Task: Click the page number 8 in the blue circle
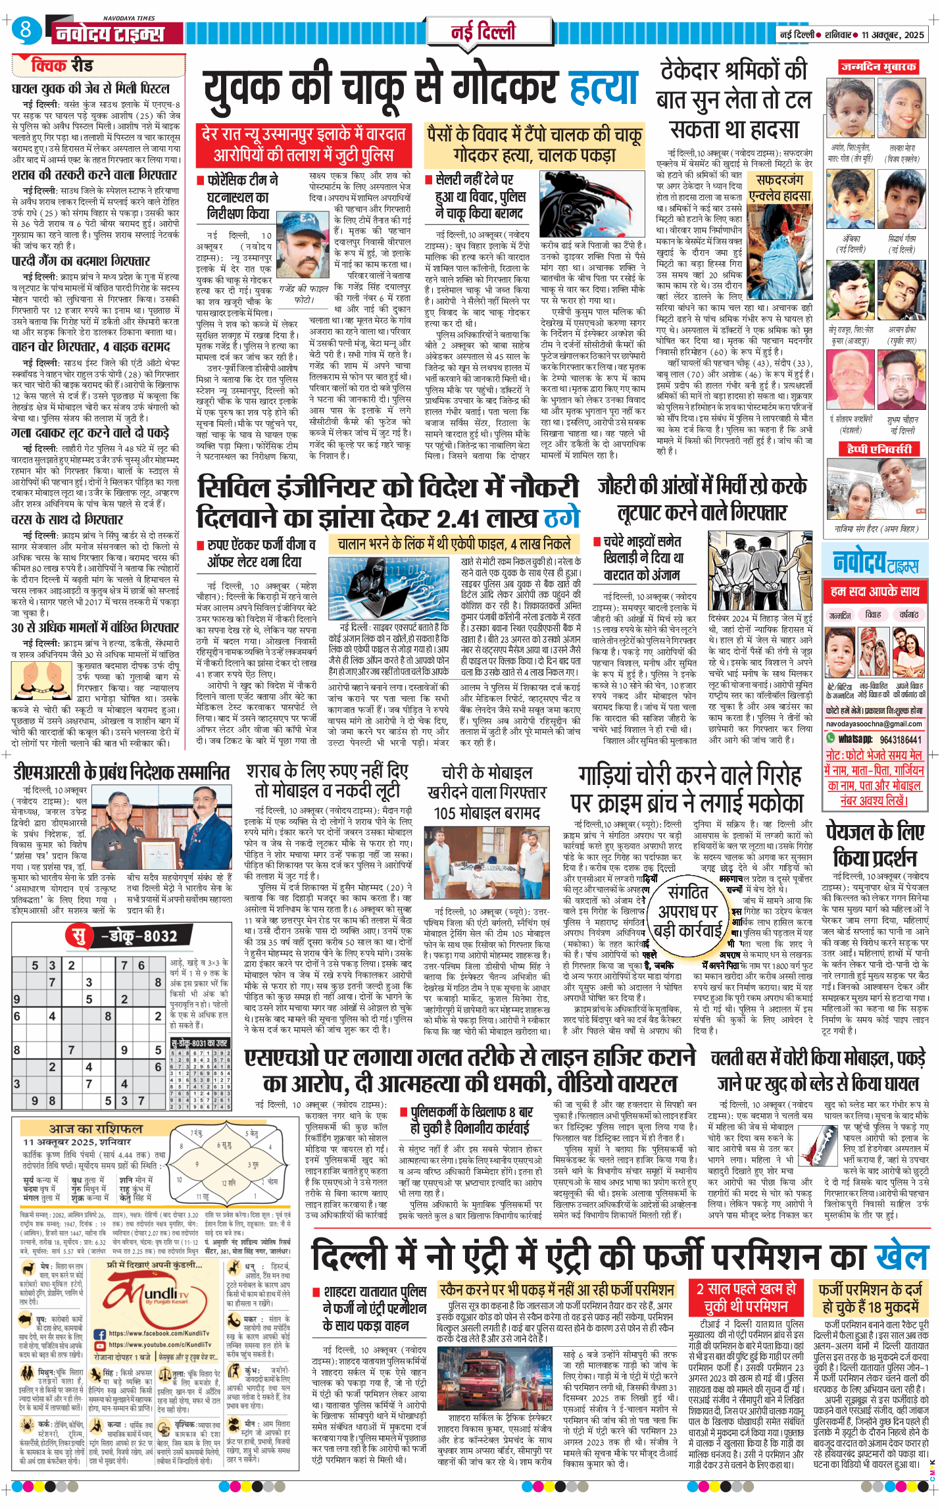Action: [26, 29]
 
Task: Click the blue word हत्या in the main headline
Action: [603, 87]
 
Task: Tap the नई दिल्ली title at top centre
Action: [483, 32]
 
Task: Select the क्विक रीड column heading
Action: [62, 65]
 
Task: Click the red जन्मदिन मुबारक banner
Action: [878, 67]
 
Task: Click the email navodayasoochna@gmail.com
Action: [874, 724]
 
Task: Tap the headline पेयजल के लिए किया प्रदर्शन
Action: [875, 845]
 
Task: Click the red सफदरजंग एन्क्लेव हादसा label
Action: [779, 188]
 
